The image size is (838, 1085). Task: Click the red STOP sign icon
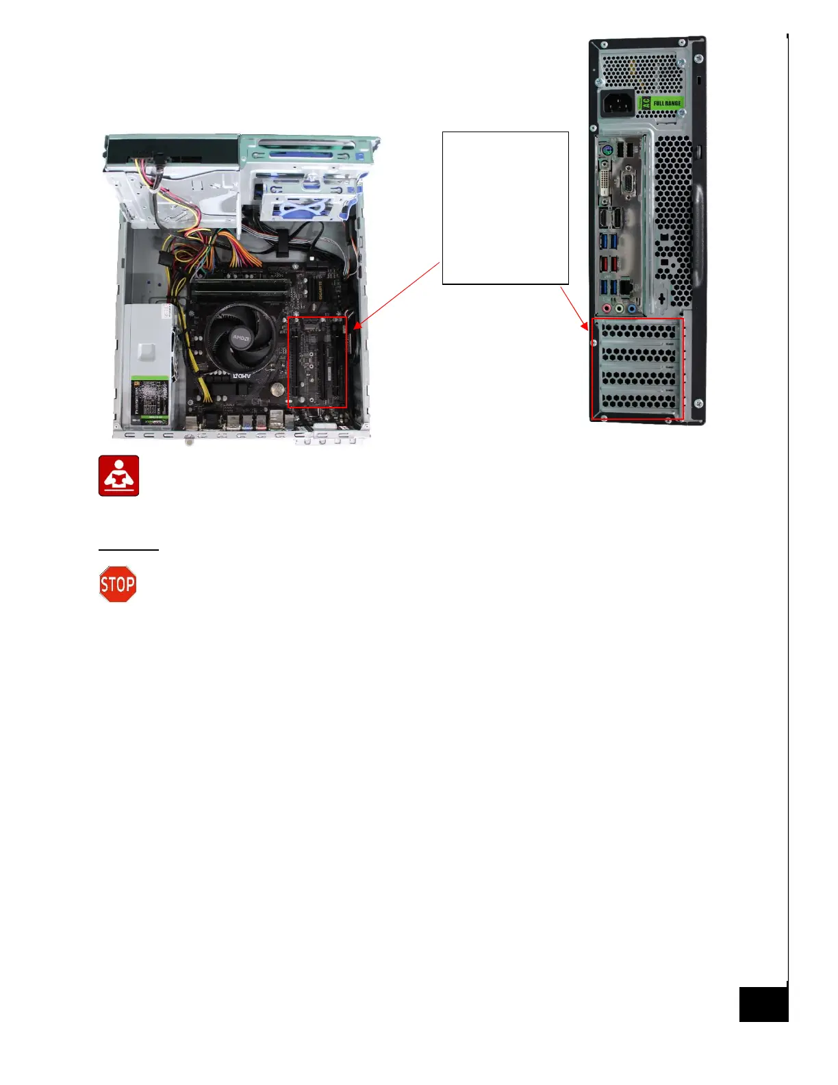(118, 584)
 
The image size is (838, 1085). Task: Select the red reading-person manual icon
(118, 475)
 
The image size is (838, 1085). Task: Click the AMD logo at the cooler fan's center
(240, 338)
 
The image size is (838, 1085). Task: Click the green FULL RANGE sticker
(661, 103)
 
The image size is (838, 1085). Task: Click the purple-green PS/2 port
(605, 151)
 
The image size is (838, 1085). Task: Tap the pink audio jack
(606, 309)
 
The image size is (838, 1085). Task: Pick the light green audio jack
(619, 309)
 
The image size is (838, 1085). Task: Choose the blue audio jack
(631, 309)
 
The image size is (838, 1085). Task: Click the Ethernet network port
(625, 288)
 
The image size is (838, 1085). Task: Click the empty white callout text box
(505, 208)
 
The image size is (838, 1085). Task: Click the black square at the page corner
(763, 1004)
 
